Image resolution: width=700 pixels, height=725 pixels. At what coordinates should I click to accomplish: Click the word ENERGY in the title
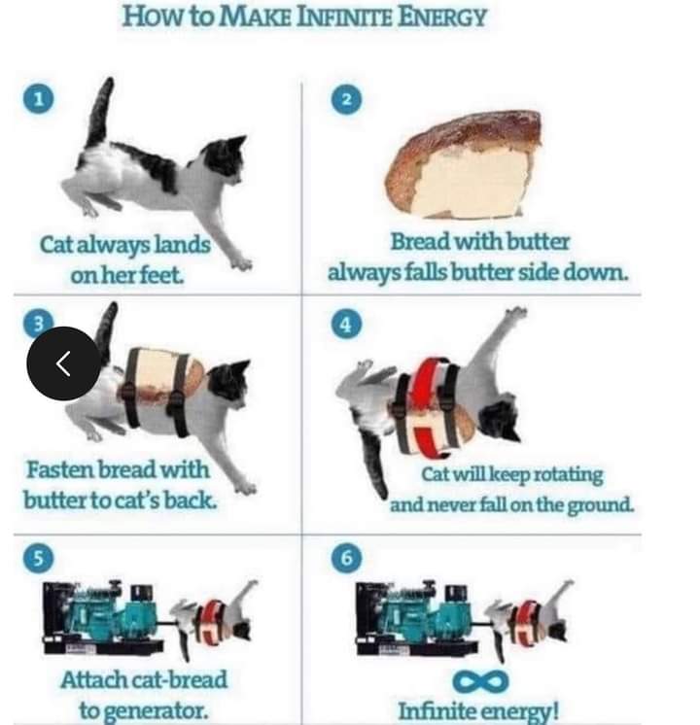441,17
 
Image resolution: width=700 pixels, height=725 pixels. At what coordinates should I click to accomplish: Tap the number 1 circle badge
38,99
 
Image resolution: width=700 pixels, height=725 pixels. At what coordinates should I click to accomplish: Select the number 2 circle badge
346,99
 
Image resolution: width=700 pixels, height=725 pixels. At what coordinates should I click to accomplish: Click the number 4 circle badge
346,325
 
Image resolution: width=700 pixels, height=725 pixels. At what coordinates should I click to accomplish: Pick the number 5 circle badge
38,558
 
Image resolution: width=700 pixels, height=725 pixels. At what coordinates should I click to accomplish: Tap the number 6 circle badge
346,558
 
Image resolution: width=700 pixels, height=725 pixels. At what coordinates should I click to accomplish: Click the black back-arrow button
63,363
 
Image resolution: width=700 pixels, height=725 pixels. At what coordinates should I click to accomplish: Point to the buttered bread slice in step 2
463,164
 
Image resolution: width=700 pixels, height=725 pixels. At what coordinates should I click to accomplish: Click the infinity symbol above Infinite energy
480,681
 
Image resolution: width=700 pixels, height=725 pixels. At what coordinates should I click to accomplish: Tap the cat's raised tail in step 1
101,111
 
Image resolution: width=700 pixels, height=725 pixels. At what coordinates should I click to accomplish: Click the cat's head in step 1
226,157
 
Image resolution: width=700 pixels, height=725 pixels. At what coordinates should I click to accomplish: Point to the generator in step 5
101,617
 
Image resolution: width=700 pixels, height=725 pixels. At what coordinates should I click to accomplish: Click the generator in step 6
415,617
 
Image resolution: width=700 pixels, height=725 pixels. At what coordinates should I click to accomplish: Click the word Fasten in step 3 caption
59,469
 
